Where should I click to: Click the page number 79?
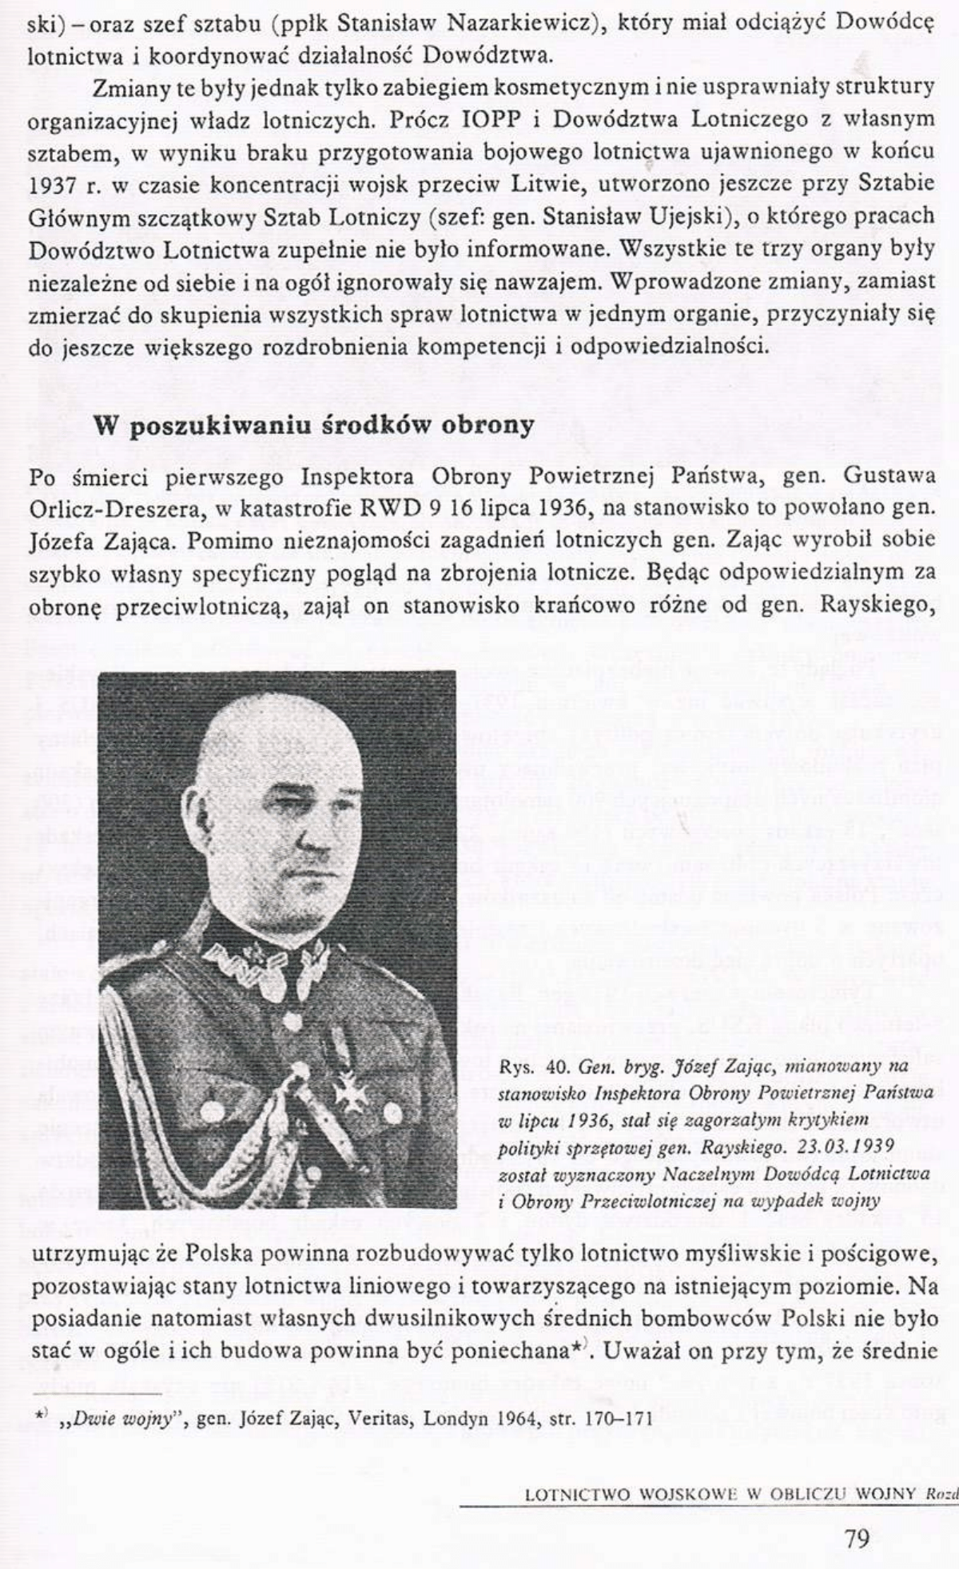857,1515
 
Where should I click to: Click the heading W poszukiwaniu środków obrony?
314,425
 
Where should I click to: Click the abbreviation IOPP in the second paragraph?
494,119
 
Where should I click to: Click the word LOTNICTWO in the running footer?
575,1471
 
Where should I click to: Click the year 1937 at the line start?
54,182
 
